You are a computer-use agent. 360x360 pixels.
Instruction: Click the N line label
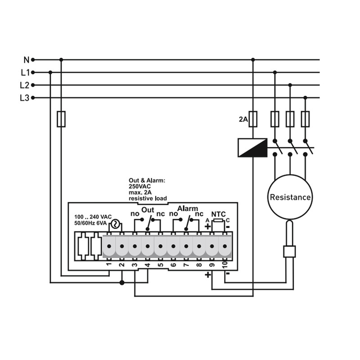coord(27,60)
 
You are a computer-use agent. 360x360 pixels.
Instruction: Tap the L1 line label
coord(25,72)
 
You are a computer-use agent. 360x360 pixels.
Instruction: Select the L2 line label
coord(25,85)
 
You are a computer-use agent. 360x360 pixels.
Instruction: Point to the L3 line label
coord(25,98)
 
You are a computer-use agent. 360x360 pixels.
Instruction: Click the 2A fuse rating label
coord(243,119)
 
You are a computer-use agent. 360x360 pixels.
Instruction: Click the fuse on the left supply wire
coord(61,119)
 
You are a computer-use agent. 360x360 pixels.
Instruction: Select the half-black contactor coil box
coord(252,148)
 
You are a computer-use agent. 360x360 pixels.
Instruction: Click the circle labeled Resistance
coord(290,197)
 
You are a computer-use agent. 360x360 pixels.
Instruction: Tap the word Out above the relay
coord(148,210)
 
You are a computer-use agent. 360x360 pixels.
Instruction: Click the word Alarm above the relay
coord(188,208)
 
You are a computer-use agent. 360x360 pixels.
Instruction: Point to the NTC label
coord(218,214)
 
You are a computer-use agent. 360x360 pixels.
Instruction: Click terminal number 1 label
coord(109,264)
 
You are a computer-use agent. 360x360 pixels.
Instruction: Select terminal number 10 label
coord(225,265)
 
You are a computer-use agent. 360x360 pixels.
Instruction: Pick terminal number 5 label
coord(161,265)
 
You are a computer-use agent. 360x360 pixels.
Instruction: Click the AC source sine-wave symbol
coord(115,224)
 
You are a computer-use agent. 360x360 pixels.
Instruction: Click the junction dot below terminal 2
coord(122,283)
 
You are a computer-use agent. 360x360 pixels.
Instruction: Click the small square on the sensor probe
coord(289,252)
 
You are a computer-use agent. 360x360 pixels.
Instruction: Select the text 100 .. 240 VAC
coord(93,217)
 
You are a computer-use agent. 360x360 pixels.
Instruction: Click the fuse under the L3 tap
coord(305,119)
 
